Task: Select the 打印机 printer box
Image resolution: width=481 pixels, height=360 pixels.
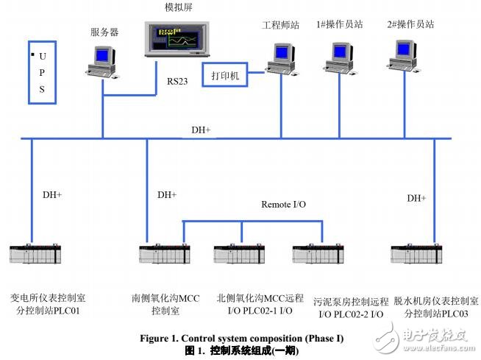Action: point(225,76)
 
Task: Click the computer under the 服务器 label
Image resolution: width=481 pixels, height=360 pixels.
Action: point(101,60)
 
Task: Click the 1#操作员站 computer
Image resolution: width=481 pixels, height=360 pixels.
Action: point(338,57)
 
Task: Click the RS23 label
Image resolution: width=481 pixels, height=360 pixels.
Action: point(177,82)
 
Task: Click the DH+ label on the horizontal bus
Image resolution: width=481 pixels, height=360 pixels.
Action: point(201,130)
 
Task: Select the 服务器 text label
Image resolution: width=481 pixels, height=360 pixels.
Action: point(104,32)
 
